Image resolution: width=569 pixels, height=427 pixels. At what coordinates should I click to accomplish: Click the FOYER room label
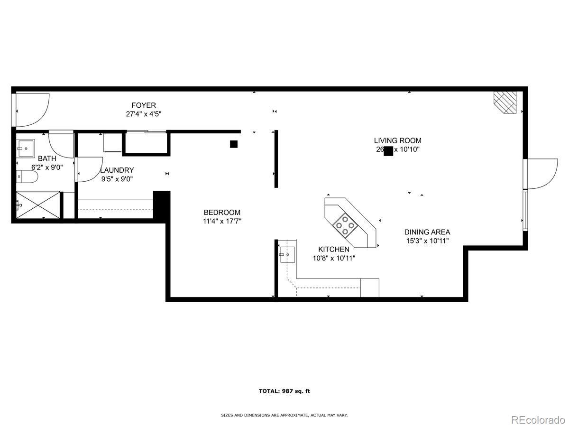tap(144, 105)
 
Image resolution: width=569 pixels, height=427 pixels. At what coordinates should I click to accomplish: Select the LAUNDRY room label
tap(117, 170)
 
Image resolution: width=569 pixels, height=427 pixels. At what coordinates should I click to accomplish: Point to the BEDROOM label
tap(222, 213)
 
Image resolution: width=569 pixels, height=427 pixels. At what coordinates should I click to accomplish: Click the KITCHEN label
tap(334, 249)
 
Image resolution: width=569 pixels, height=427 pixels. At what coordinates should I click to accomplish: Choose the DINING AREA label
tap(427, 232)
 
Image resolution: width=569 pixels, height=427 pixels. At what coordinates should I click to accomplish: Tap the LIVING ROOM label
tap(397, 140)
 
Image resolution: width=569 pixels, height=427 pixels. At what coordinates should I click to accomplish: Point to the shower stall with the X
tap(38, 205)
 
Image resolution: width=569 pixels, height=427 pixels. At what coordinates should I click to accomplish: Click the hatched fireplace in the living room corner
tap(505, 102)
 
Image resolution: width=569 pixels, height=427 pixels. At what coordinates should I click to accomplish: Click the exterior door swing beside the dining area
tap(541, 174)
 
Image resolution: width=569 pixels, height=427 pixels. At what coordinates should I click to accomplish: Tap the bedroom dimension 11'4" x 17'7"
tap(222, 221)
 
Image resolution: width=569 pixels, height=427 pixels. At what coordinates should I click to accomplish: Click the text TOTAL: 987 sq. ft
tap(284, 391)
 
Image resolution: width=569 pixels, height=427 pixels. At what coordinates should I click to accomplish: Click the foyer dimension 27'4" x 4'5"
tap(144, 114)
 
